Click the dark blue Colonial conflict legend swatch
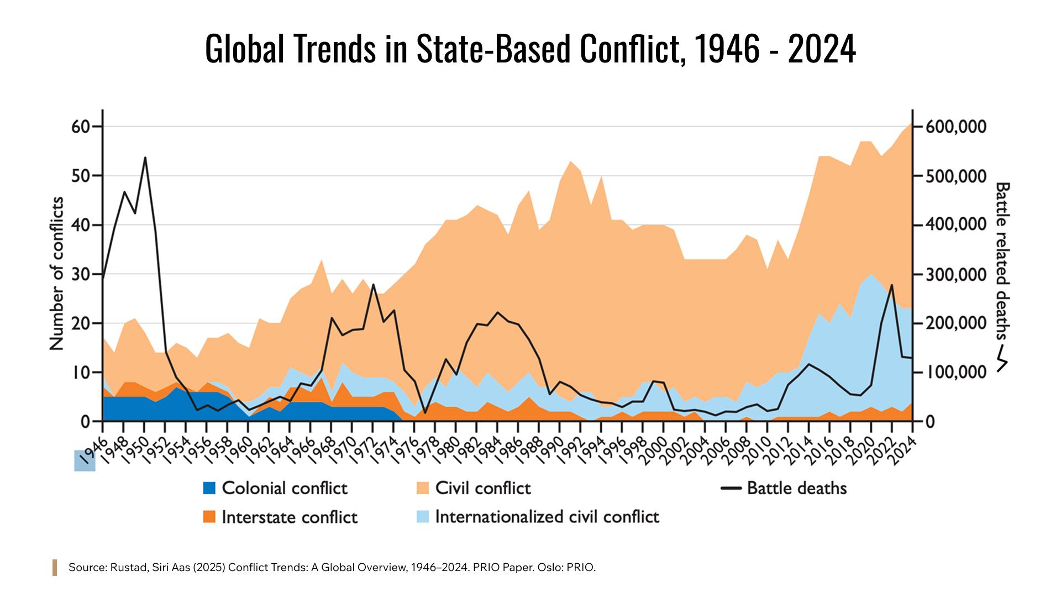click(x=209, y=488)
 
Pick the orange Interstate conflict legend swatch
click(x=209, y=517)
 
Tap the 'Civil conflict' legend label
click(x=482, y=488)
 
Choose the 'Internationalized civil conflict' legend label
click(x=547, y=517)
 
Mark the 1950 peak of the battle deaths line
click(x=144, y=158)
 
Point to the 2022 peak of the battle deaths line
click(x=891, y=285)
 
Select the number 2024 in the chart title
click(x=822, y=50)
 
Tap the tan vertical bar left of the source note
click(x=55, y=568)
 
